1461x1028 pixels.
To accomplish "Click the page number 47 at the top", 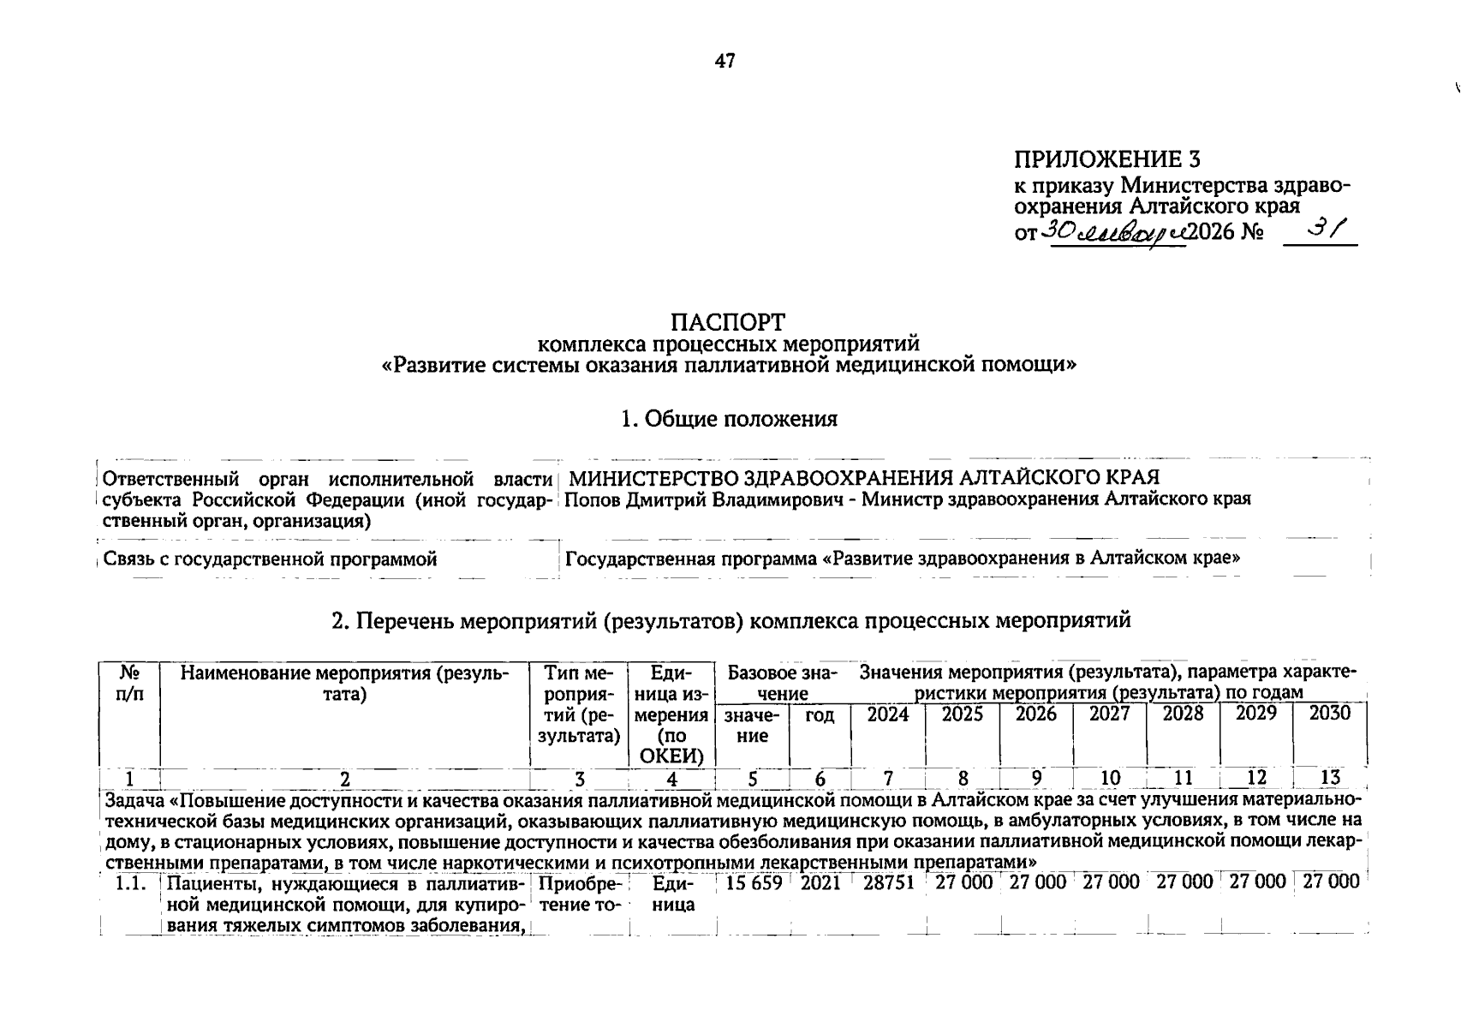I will [x=725, y=61].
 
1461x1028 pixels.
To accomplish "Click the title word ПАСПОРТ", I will [x=728, y=322].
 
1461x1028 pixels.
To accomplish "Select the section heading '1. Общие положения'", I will [x=729, y=419].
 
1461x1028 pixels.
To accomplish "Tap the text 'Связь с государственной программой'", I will [x=270, y=559].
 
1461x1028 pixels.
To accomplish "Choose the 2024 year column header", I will [x=888, y=714].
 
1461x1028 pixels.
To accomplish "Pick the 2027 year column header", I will [x=1109, y=714].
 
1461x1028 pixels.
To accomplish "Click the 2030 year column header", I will [x=1330, y=714].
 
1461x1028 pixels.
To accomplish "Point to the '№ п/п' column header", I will [x=129, y=684].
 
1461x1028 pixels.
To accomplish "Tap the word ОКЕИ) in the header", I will [x=671, y=756].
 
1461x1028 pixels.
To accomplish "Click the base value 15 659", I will [x=754, y=882].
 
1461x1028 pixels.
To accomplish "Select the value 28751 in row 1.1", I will [x=889, y=882].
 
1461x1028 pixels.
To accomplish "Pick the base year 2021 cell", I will [x=820, y=882].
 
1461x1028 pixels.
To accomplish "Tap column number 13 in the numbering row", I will [x=1330, y=778].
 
